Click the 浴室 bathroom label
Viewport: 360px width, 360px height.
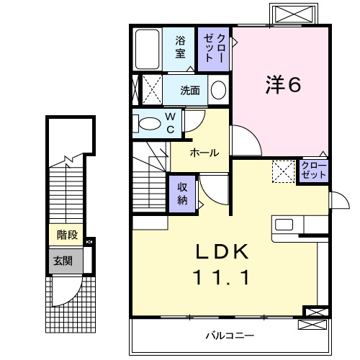point(180,47)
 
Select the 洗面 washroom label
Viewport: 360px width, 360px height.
point(190,90)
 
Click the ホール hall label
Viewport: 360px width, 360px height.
point(204,153)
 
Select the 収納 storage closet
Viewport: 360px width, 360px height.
point(183,192)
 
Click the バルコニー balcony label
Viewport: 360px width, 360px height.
point(229,335)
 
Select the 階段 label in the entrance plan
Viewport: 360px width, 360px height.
point(67,235)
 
